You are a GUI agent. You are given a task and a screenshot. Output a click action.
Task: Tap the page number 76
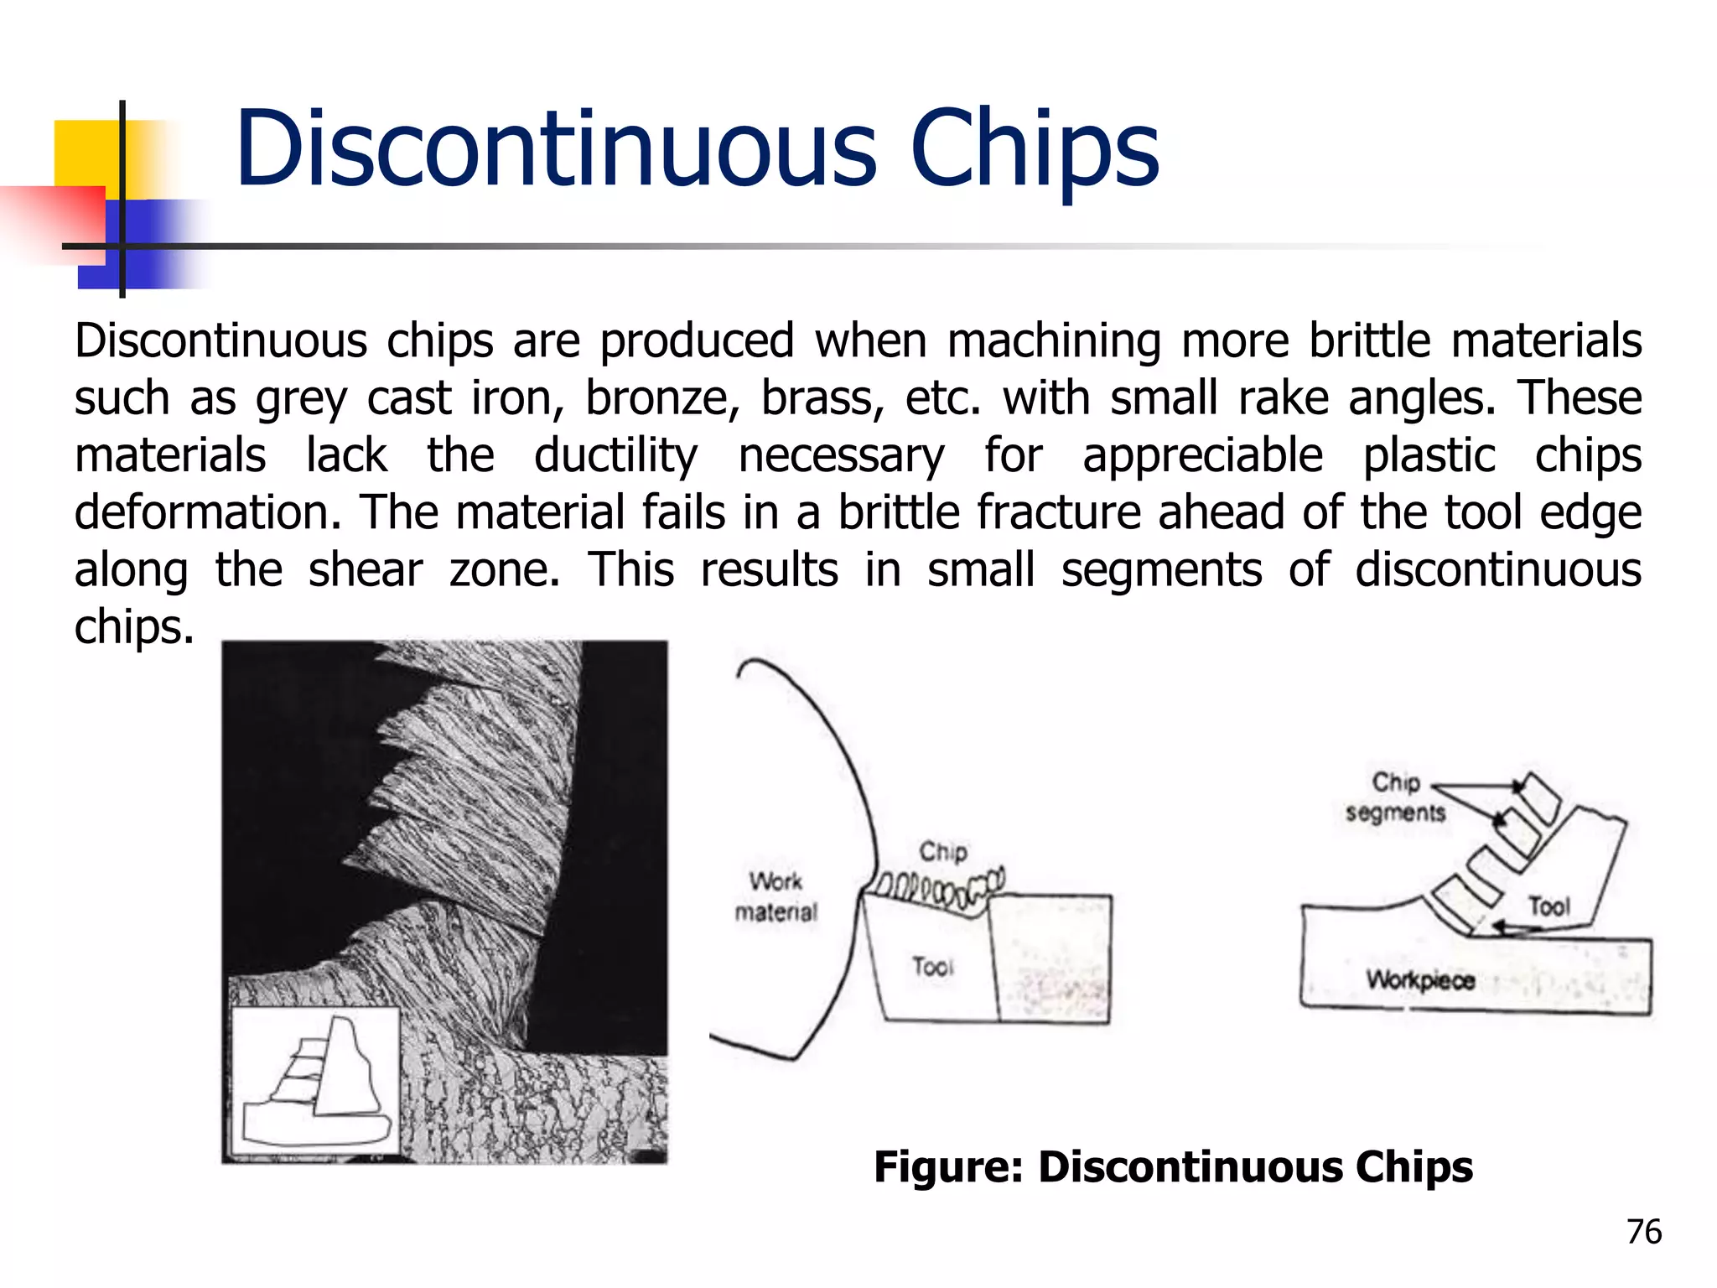pos(1644,1232)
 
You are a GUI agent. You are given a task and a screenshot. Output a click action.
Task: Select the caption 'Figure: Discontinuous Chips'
pos(1173,1166)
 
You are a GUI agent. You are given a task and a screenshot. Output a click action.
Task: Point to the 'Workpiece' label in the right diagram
pos(1420,979)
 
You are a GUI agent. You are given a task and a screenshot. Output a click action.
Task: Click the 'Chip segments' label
pos(1395,797)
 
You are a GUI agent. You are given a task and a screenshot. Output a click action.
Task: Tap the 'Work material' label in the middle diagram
pos(776,896)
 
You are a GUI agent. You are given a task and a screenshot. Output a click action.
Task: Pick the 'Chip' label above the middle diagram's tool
pos(943,851)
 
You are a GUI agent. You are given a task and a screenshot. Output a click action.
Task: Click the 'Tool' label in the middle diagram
pos(933,966)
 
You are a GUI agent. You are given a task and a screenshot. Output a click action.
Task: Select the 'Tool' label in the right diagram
pos(1548,906)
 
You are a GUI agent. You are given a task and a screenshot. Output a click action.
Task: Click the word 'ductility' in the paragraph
pos(615,455)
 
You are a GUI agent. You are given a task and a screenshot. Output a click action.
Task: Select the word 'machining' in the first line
pos(1054,341)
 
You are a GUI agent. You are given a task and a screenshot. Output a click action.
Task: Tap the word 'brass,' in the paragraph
pos(822,397)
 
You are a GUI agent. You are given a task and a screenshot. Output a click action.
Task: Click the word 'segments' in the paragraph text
pos(1161,570)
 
